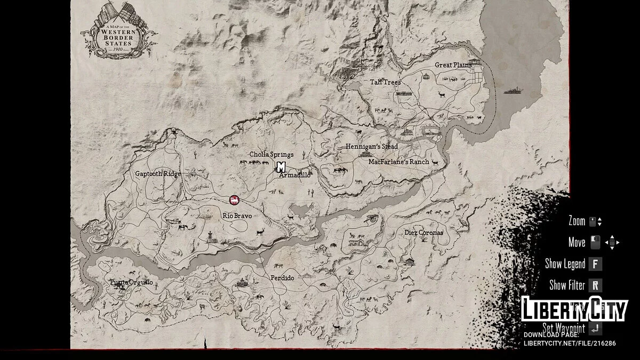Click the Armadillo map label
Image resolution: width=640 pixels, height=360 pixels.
(x=295, y=175)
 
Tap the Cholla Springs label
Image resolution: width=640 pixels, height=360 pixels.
(x=271, y=155)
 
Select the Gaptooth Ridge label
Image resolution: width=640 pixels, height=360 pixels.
(x=158, y=174)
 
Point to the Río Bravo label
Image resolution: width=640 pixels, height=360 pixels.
(x=237, y=216)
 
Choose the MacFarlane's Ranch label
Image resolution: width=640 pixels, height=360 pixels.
(x=398, y=162)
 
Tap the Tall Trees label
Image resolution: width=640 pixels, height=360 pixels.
(x=385, y=82)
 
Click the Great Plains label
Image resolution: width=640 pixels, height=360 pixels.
(x=453, y=65)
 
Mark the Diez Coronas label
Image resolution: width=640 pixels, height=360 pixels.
(x=423, y=233)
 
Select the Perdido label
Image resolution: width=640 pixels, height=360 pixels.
(x=282, y=278)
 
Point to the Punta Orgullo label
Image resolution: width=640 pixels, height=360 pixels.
(x=131, y=282)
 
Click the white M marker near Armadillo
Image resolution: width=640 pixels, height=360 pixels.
(x=281, y=167)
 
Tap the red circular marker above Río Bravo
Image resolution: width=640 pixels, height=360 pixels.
(x=234, y=200)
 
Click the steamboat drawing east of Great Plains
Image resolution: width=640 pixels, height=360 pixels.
(x=514, y=91)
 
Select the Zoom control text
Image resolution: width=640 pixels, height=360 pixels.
(x=577, y=221)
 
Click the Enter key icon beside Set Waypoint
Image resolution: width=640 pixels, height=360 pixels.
(x=595, y=329)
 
